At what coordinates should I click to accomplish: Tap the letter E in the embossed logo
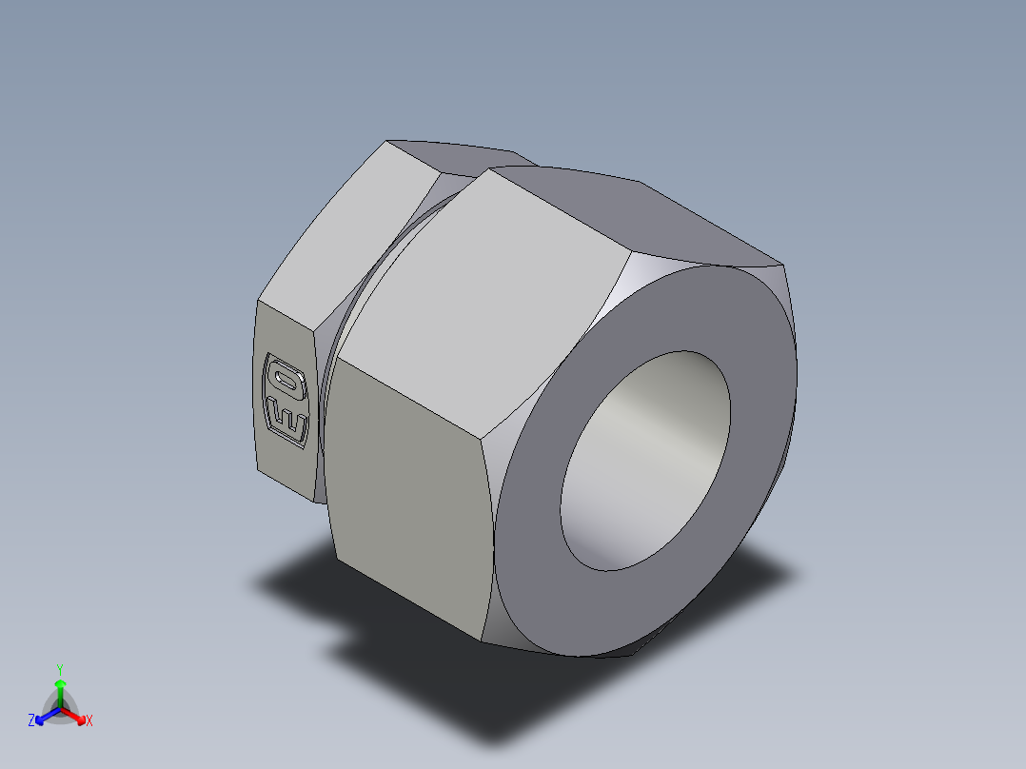tap(288, 419)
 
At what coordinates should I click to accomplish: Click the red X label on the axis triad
tap(89, 721)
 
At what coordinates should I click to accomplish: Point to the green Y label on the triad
tap(60, 669)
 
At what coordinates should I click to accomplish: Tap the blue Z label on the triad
tap(31, 720)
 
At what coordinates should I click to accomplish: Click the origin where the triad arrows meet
tap(60, 708)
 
